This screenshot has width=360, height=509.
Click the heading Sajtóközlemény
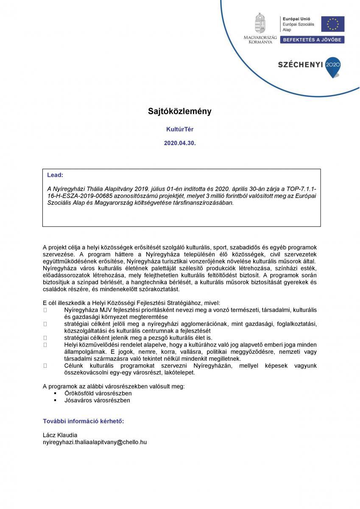pos(179,111)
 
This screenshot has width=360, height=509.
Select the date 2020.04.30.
pos(180,144)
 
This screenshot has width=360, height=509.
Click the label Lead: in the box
pos(55,175)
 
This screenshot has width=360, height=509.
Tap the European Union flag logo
pos(332,24)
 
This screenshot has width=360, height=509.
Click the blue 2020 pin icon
pos(332,65)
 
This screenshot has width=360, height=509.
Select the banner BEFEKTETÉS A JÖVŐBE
pos(313,39)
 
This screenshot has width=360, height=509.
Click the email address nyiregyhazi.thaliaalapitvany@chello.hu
pos(95,442)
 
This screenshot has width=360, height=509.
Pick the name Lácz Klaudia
pos(60,435)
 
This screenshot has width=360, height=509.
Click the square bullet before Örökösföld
pos(55,393)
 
